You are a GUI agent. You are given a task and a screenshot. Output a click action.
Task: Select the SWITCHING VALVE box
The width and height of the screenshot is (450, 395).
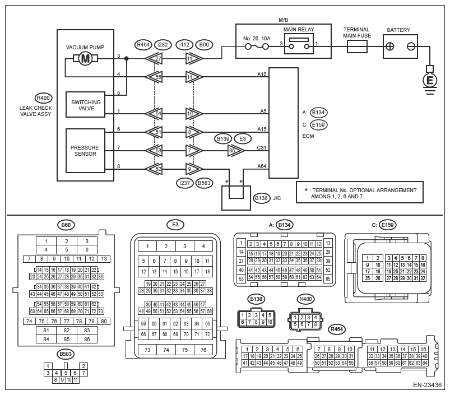pos(85,105)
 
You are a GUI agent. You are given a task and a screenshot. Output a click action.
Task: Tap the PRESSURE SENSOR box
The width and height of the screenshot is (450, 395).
pos(85,151)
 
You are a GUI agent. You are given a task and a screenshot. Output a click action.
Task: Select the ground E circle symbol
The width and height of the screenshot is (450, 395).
pos(430,80)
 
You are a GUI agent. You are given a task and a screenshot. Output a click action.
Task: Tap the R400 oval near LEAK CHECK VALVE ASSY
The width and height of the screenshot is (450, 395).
pos(43,96)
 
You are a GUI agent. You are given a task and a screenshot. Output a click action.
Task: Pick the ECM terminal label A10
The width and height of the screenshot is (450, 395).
pos(262,74)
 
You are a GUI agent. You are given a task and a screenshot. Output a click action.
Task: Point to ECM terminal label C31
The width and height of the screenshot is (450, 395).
pos(262,148)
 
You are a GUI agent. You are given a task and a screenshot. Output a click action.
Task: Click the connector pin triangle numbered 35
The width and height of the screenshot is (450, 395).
pos(235,151)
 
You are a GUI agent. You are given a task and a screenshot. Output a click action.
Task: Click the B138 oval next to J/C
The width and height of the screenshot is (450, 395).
pos(261,197)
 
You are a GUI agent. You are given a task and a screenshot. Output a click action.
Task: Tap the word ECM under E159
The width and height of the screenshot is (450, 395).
pos(308,135)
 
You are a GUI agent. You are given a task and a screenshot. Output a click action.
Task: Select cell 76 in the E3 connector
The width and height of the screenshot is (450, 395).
pos(203,350)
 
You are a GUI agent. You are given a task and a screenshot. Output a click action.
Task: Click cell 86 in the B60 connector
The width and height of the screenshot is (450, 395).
pos(86,339)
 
